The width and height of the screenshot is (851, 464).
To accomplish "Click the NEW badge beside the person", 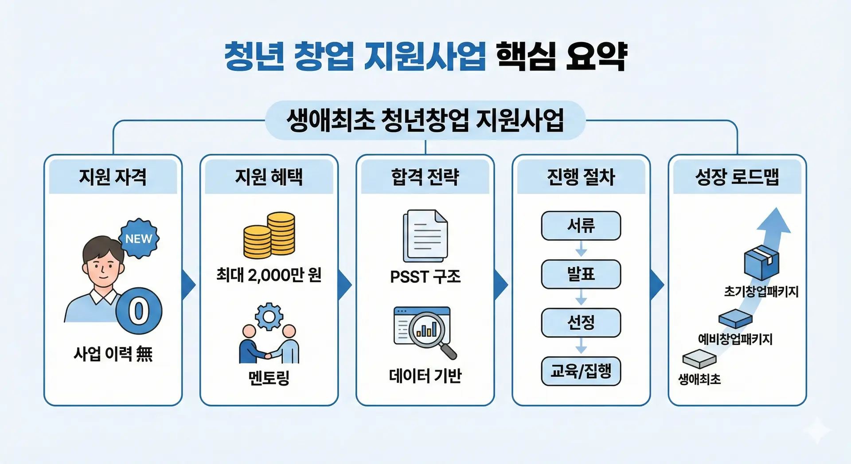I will pos(139,238).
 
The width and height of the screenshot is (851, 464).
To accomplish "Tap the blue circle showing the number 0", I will pos(139,311).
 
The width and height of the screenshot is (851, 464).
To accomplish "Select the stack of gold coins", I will pos(269,235).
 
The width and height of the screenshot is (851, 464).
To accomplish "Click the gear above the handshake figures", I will pos(269,316).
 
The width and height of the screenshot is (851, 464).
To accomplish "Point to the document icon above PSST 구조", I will pos(425,236).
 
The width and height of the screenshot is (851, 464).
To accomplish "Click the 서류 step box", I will pos(581,226).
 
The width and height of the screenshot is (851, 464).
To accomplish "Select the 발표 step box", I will pos(581,274).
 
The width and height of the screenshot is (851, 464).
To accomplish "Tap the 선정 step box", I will pos(581,323).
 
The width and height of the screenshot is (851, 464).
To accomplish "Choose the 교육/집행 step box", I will pos(581,371).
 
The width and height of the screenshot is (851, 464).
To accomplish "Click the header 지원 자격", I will pos(113,177).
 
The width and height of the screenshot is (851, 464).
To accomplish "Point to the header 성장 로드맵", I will pos(737,177).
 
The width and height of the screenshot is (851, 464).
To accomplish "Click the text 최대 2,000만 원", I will pos(269,275).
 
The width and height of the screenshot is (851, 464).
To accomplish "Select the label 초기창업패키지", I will pos(761,292).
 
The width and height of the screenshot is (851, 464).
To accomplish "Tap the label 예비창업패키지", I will pos(735,339).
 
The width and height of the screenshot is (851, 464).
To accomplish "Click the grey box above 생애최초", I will pos(699,359).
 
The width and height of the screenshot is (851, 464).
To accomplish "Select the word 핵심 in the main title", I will pos(526,56).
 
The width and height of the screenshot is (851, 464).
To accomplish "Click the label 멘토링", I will pos(269,378).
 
